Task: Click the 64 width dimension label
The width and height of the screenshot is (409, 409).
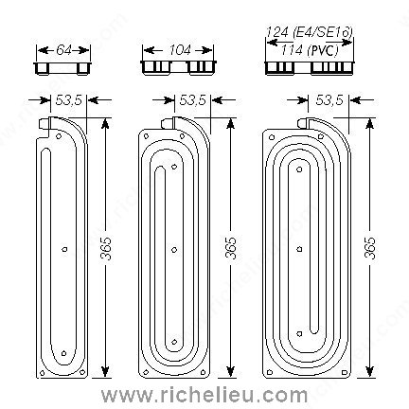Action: pyautogui.click(x=63, y=50)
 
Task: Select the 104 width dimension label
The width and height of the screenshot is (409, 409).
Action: pyautogui.click(x=180, y=50)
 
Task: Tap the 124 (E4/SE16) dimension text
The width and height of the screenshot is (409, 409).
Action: pyautogui.click(x=310, y=32)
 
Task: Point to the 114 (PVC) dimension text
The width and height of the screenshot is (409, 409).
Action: pyautogui.click(x=310, y=50)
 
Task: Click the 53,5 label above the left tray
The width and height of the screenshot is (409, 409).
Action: pyautogui.click(x=69, y=100)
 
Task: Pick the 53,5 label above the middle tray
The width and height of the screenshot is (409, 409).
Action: pyautogui.click(x=193, y=100)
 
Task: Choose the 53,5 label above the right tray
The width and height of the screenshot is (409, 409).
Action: pyautogui.click(x=329, y=100)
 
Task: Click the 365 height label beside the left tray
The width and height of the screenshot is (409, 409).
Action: pyautogui.click(x=106, y=248)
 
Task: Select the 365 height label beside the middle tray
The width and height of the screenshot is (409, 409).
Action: pyautogui.click(x=232, y=248)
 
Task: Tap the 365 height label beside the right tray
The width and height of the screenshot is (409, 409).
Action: pyautogui.click(x=370, y=248)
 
